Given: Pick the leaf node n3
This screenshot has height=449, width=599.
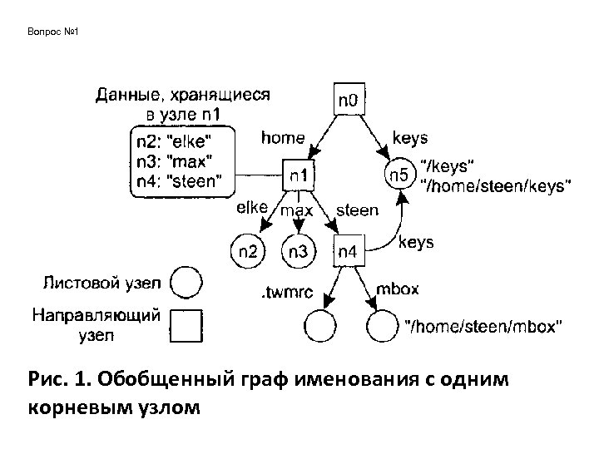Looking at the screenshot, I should click(298, 249).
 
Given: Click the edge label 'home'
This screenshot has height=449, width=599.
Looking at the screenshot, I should click(283, 136).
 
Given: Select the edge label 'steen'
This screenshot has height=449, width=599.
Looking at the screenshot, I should click(357, 210).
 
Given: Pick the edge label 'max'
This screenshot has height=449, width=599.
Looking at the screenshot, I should click(297, 210).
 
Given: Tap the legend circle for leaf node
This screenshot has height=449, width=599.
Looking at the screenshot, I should click(187, 283).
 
